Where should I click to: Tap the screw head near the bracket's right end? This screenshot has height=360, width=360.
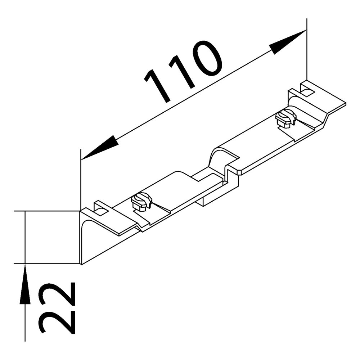[286, 118]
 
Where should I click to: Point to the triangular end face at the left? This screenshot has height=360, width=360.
[86, 241]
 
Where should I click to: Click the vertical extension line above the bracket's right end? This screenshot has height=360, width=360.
[306, 50]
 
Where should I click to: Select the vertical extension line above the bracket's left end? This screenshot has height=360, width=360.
[80, 180]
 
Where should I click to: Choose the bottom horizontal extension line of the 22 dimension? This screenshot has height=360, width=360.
[47, 264]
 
